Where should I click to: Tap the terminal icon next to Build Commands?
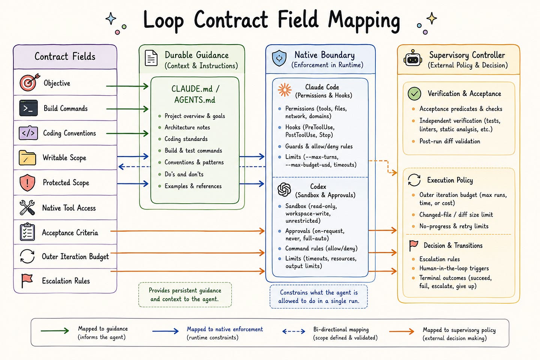tap(28, 108)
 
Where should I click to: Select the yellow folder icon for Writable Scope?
tap(27, 158)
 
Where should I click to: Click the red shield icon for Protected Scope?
tap(27, 183)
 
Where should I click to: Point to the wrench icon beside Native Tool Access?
tap(27, 207)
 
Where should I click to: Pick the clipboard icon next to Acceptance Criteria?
tap(27, 232)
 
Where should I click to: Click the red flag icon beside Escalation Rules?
tap(27, 280)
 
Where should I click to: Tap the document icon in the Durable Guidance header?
tap(151, 58)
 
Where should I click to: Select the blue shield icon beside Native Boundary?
tap(279, 58)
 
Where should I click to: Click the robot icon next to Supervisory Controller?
tap(413, 58)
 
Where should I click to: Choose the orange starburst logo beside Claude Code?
tap(285, 90)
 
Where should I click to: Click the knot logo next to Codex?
tap(284, 189)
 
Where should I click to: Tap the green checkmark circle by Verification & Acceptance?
tap(414, 93)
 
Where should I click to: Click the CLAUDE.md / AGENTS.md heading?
tap(195, 94)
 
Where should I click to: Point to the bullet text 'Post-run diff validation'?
tap(450, 141)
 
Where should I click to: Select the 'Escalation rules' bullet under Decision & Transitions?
tap(439, 259)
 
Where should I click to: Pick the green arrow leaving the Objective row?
tap(127, 86)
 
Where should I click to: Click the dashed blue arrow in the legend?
tap(294, 331)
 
